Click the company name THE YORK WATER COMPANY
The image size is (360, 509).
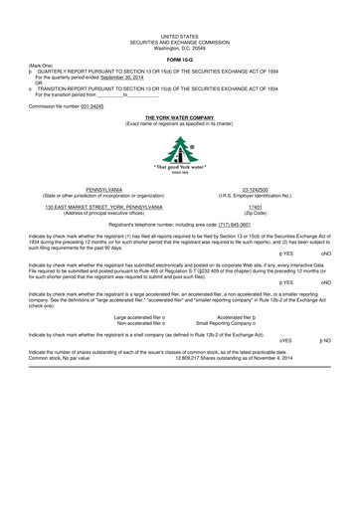(x=180, y=116)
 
